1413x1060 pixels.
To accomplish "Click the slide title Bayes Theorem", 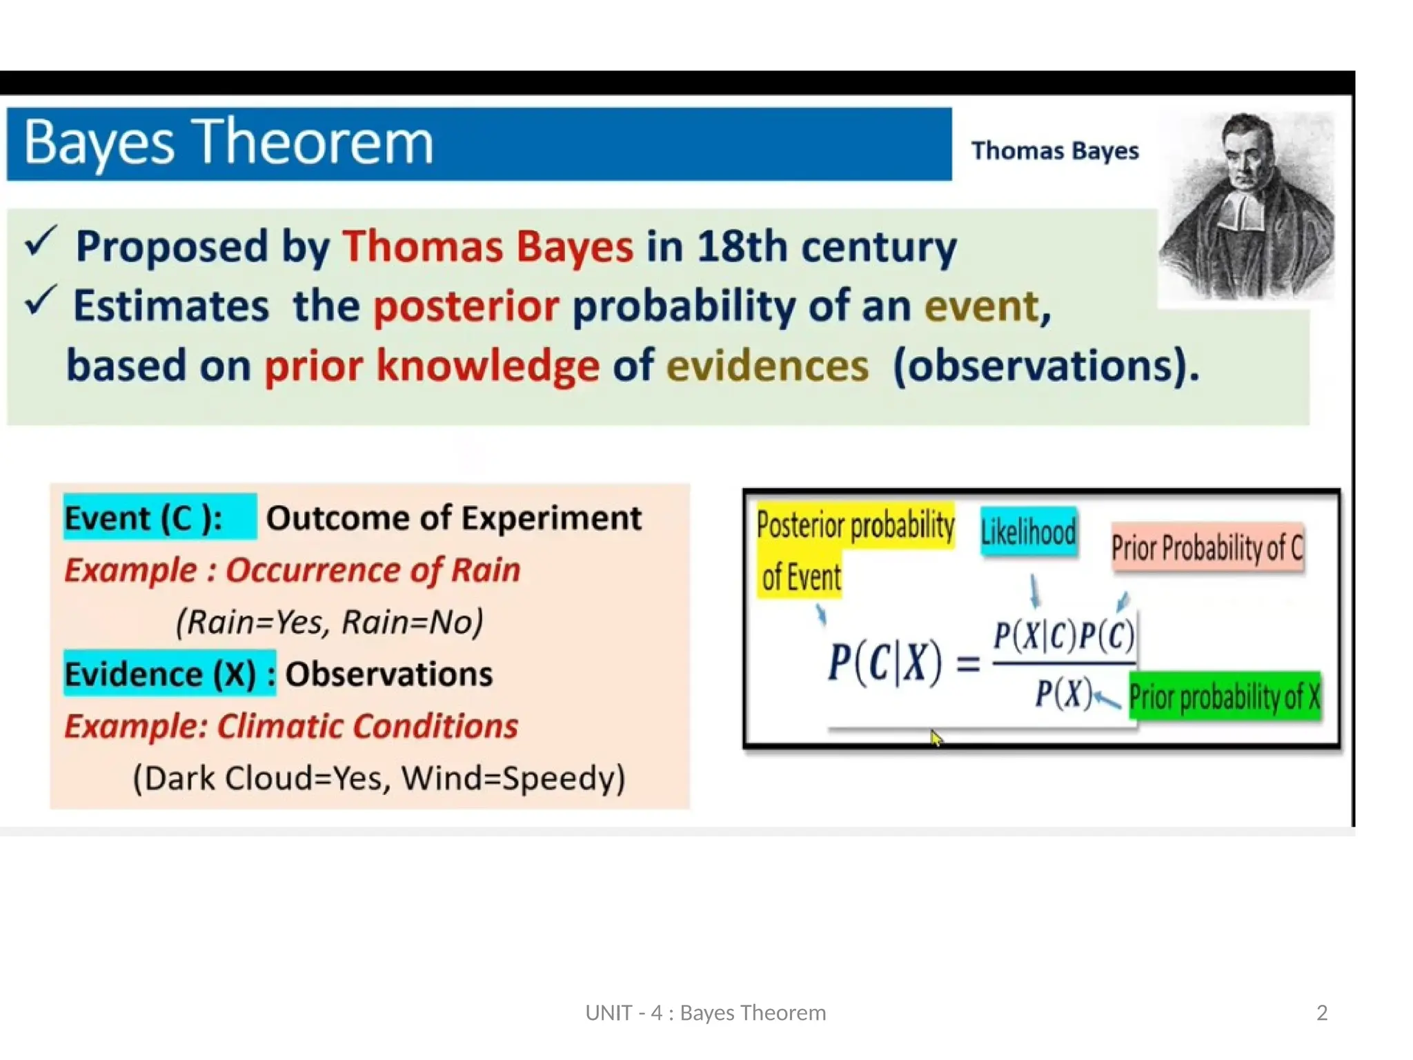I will (x=228, y=144).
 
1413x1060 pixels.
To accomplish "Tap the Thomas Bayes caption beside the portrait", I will (x=1054, y=151).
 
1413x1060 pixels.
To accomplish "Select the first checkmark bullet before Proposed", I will (x=40, y=242).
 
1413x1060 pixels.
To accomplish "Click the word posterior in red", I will (x=466, y=306).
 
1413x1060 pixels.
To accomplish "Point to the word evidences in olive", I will (x=767, y=366).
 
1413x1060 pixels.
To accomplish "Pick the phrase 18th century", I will (x=827, y=247).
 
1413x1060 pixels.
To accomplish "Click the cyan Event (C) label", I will (x=145, y=518).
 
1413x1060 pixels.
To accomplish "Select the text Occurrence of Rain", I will (x=373, y=570).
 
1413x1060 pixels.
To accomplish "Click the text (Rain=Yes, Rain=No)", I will (x=329, y=622).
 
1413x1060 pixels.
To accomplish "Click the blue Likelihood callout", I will (x=1028, y=532).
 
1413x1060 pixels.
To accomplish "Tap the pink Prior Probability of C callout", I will (x=1207, y=548).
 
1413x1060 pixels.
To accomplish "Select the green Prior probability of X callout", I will (x=1224, y=697).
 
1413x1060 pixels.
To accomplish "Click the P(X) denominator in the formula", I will (x=1063, y=693).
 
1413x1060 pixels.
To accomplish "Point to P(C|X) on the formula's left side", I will (x=885, y=662).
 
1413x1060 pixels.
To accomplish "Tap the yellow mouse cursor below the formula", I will (x=936, y=738).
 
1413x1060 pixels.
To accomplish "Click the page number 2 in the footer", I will (x=1321, y=1012).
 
